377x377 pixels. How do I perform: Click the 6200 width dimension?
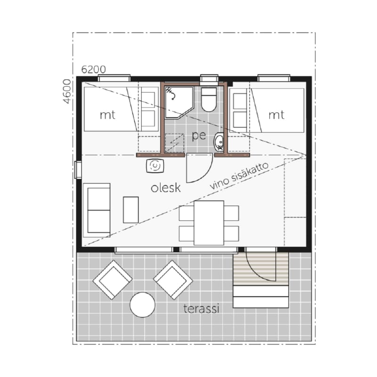93,70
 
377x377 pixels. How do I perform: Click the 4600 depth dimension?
67,91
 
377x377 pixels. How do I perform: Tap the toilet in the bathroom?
209,99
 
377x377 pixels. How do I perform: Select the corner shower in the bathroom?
179,102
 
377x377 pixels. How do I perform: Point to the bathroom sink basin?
219,142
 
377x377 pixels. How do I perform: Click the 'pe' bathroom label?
199,136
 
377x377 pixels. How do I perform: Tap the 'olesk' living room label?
166,188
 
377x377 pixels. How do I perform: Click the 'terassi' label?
201,309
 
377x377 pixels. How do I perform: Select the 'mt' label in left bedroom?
107,115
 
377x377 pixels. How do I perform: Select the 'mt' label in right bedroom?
276,115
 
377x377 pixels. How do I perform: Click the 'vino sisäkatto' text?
239,176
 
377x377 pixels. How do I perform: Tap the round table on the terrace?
142,304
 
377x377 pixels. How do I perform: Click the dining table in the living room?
209,223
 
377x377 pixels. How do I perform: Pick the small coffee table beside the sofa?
131,210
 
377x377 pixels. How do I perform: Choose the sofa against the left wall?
97,210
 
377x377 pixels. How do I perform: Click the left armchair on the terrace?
113,280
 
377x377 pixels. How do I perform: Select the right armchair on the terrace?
173,280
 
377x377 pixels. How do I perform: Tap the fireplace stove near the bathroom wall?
155,166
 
